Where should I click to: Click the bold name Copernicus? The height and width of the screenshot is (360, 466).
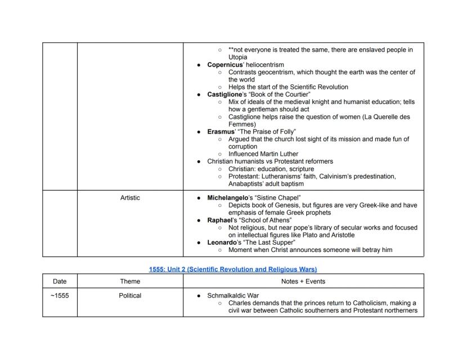(225, 65)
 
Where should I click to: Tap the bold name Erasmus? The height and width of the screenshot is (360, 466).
(221, 132)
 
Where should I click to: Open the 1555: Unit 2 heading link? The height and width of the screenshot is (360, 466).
(232, 269)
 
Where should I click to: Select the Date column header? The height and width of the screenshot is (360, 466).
(60, 281)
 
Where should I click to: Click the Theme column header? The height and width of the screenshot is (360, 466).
(130, 281)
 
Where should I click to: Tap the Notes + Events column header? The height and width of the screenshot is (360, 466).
(303, 281)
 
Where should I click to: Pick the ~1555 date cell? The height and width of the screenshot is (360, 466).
(60, 295)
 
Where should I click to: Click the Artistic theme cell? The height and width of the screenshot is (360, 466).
(130, 198)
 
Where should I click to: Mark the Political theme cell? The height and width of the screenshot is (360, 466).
(130, 295)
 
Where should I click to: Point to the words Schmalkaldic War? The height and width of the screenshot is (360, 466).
(233, 295)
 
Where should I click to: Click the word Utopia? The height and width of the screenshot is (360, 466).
(238, 57)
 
